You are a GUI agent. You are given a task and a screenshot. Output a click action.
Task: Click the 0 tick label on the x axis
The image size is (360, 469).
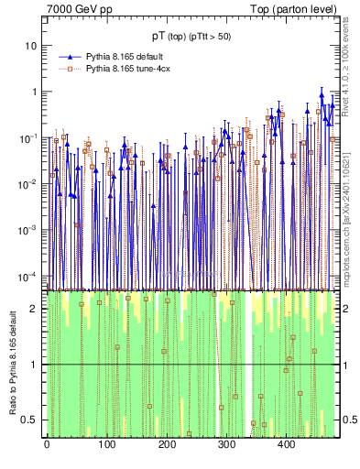coord(47,444)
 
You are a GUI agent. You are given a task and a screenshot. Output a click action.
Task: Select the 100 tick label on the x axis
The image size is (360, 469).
coord(106,444)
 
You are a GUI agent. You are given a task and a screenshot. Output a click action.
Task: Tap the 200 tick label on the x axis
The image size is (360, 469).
coord(166,444)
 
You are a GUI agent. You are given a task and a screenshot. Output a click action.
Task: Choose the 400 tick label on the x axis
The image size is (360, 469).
coord(286,444)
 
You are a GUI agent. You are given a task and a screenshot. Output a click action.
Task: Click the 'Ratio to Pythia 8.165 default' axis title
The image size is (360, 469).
coord(12,364)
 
